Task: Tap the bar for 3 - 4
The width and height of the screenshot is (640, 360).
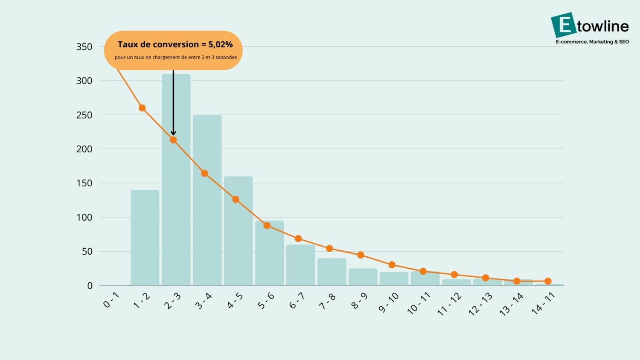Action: tap(207, 222)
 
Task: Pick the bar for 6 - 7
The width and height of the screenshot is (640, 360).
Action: tap(300, 267)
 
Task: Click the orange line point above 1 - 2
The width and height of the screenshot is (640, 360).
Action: tap(142, 108)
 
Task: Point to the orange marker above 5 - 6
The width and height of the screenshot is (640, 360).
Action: tap(267, 225)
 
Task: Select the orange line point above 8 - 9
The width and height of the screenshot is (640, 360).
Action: tap(361, 255)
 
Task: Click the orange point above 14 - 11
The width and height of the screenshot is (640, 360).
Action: tap(548, 281)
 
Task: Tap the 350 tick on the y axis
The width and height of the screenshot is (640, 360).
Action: tap(84, 47)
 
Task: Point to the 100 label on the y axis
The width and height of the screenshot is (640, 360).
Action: tap(84, 218)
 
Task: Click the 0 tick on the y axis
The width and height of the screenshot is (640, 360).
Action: tap(90, 286)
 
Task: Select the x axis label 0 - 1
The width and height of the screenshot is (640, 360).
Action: tap(111, 300)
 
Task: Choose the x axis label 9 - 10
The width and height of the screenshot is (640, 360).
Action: tap(389, 302)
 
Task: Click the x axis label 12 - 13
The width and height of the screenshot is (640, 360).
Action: tap(480, 304)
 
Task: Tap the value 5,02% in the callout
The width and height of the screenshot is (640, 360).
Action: tap(220, 44)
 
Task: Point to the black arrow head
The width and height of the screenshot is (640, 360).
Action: tap(173, 133)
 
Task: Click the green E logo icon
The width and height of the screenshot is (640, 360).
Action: tap(563, 25)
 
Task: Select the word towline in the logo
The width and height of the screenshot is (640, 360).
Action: tap(603, 26)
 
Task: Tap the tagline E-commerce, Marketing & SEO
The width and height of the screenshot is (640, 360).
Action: tap(592, 42)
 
